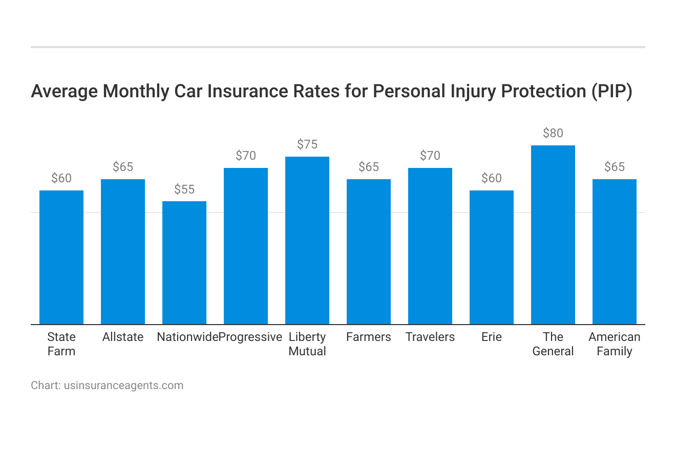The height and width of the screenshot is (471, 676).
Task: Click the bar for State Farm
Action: point(61,258)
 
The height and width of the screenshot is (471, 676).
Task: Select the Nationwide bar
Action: point(184,263)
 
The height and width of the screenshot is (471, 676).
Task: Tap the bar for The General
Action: point(553,235)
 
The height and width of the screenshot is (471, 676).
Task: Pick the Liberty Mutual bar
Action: point(307,241)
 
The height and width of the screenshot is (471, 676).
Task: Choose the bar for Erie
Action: point(492,258)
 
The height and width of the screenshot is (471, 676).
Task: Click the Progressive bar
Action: point(246,246)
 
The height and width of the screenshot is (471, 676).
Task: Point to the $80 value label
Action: point(553,133)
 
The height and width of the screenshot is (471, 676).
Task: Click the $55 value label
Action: point(184,189)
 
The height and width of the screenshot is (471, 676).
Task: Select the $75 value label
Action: point(307,144)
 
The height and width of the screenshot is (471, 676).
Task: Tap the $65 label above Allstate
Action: point(123,167)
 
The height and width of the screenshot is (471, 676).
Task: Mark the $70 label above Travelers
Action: point(430,156)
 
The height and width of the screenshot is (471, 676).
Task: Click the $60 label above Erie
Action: point(492,178)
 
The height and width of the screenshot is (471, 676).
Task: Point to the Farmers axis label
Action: point(369,337)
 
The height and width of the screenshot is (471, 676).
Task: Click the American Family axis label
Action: point(615,344)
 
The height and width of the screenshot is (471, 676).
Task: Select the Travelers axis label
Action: point(430,337)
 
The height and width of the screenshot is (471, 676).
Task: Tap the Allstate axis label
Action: point(123,337)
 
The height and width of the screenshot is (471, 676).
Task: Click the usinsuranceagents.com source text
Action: point(123,386)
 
